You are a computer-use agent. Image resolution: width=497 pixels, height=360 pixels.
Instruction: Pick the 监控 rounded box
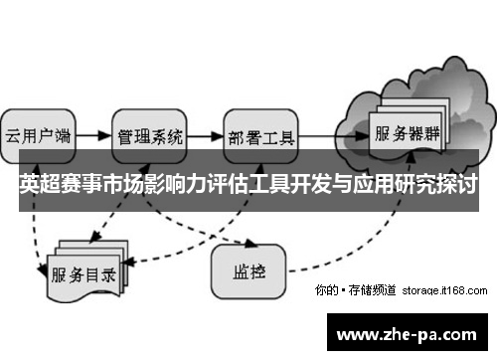[x=248, y=269]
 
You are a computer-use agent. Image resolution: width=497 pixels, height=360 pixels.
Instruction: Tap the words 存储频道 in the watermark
[x=375, y=291]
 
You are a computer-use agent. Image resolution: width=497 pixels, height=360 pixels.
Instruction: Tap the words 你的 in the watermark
[x=325, y=291]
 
